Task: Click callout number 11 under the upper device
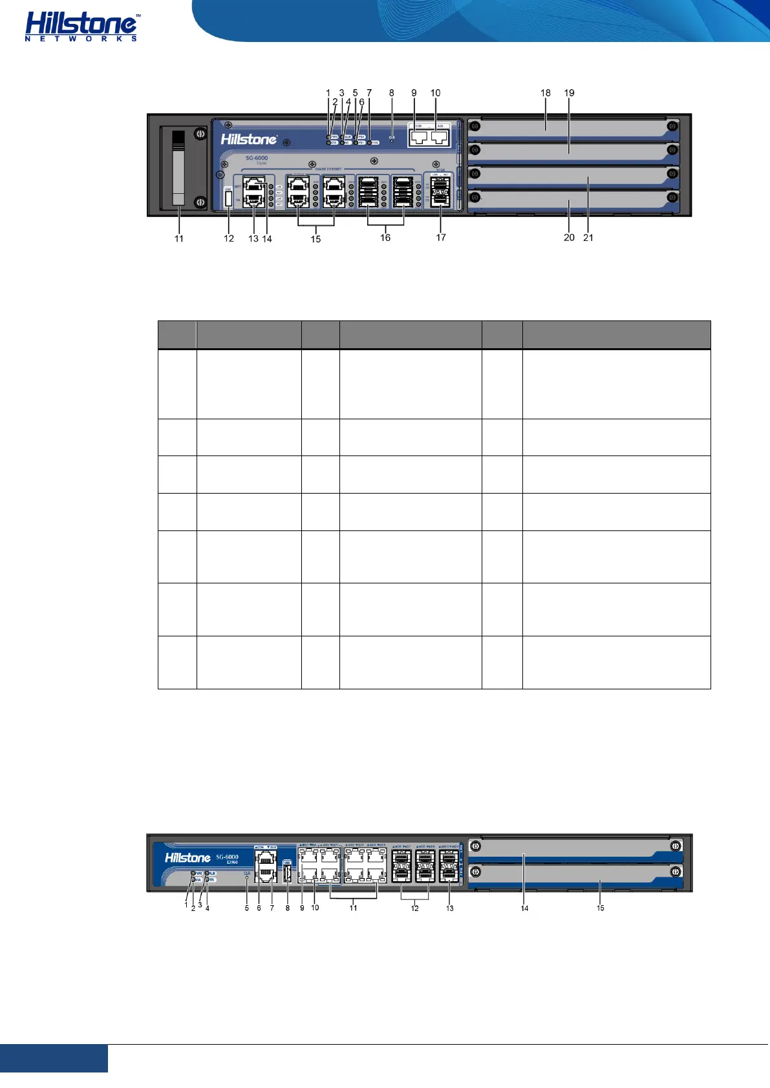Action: coord(179,238)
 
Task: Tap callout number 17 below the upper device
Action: coord(441,238)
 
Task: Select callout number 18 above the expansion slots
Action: coord(546,93)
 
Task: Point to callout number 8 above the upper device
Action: coord(391,93)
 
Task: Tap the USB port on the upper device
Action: coord(228,198)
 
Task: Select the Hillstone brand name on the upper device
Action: coord(249,139)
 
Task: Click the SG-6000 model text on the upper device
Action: coord(257,158)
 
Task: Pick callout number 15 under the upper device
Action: coord(315,239)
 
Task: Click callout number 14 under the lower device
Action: coord(524,908)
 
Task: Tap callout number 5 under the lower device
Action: coord(246,908)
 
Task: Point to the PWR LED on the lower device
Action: coord(193,874)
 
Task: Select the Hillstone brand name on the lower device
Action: coord(187,858)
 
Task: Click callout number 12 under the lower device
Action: coord(414,908)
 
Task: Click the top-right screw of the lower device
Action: coord(676,846)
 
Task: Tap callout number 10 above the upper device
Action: coord(435,93)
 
